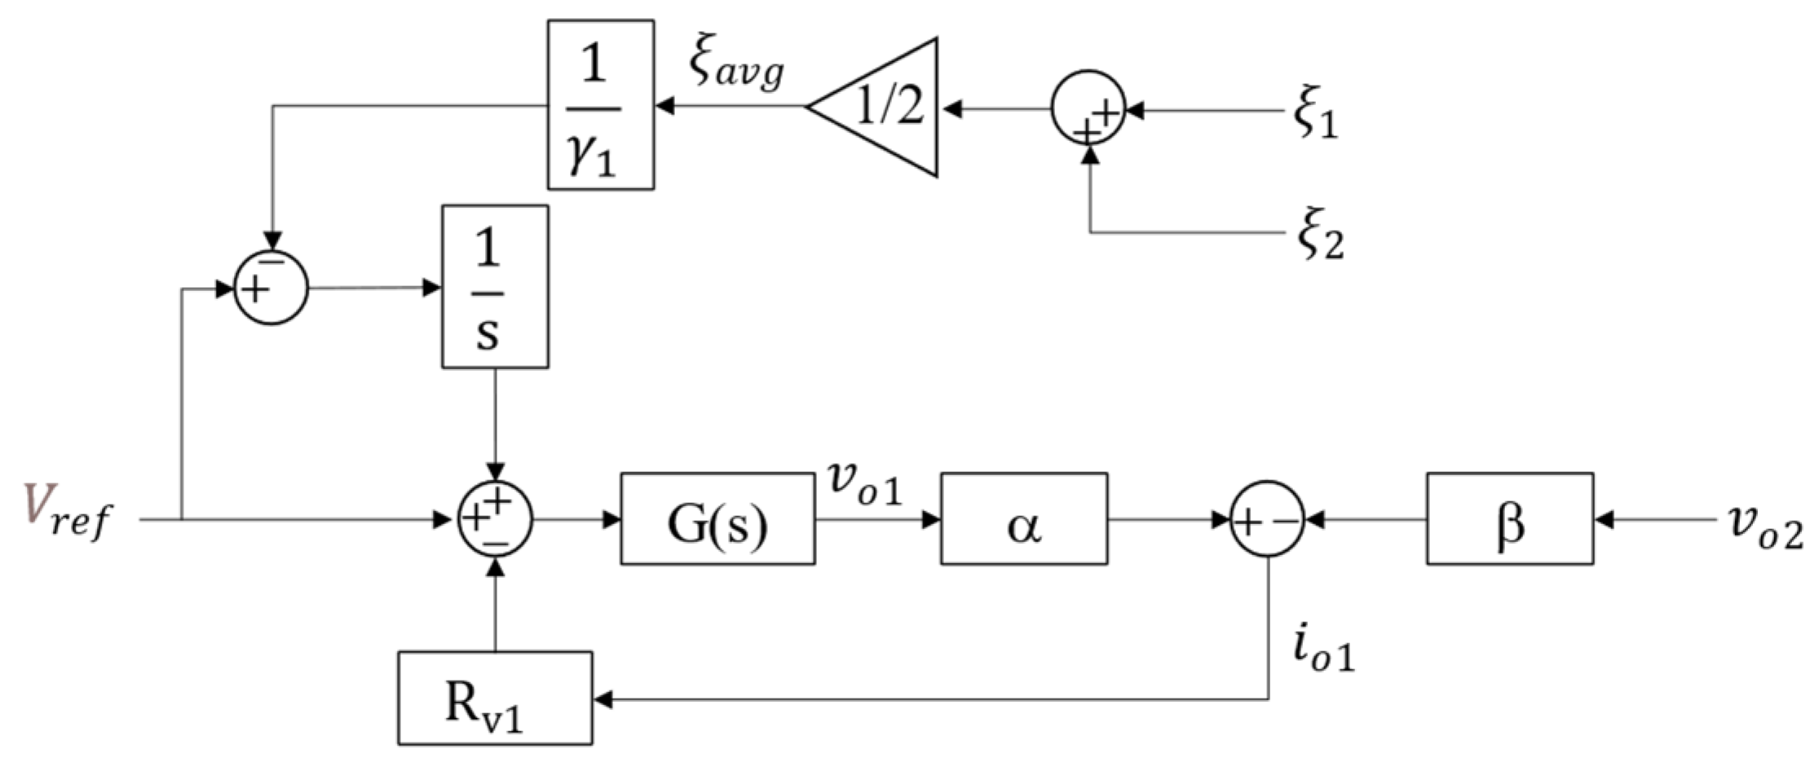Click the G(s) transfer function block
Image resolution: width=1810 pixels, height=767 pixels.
coord(717,518)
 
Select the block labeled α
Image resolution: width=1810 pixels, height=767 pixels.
coord(1023,518)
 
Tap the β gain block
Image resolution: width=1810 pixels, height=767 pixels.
coord(1509,518)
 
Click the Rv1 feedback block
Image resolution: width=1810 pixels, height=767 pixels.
coord(495,698)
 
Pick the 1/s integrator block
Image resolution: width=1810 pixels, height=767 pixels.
coord(495,287)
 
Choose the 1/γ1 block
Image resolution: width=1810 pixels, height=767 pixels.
coord(600,105)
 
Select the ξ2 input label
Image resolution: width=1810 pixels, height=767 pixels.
coord(1319,237)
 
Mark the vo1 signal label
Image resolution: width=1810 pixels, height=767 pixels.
coord(865,483)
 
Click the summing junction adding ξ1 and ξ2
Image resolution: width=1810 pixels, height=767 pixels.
coord(1088,109)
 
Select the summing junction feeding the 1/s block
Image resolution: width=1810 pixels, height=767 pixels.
coord(271,288)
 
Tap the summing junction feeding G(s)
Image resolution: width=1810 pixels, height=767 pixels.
coord(495,519)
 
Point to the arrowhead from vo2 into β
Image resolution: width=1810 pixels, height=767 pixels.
coord(1603,519)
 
